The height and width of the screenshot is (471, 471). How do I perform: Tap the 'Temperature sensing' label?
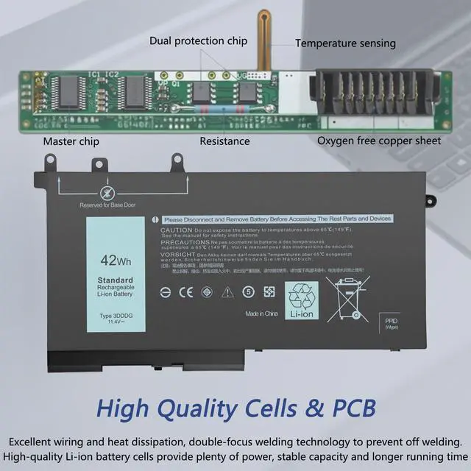[345, 43]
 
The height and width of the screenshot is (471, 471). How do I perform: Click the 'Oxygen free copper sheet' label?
[379, 141]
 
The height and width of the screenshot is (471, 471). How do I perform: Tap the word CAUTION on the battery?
[176, 230]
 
